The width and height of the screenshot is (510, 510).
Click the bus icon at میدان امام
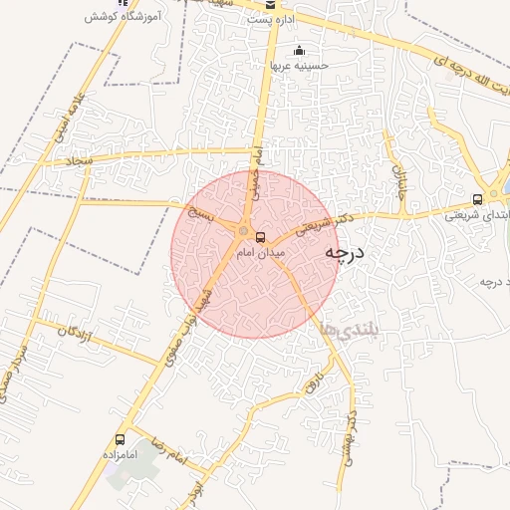coord(261,237)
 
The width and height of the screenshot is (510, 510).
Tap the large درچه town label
coord(345,254)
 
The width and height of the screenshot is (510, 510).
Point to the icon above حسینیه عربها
coord(299,51)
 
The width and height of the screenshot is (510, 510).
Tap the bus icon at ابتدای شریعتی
coord(478,197)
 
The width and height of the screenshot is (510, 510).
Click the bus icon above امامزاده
coord(121,438)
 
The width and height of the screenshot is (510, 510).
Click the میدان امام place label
coord(253,254)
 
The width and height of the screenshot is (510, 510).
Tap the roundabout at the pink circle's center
coord(243,232)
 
